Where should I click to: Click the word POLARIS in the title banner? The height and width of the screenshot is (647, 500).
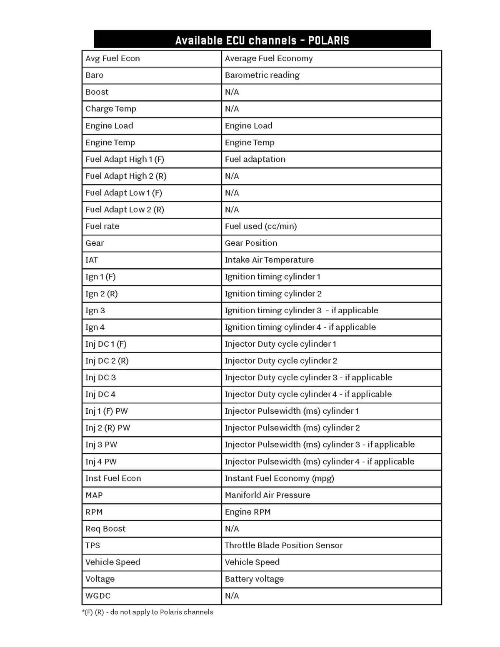pos(328,40)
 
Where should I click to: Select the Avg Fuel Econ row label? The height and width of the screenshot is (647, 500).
pos(112,59)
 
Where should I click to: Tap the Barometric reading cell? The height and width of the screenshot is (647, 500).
pos(262,75)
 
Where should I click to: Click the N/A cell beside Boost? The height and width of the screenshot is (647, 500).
pos(232,92)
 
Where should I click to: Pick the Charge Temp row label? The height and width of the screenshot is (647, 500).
pos(111,109)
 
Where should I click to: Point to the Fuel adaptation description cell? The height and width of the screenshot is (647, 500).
pos(255,159)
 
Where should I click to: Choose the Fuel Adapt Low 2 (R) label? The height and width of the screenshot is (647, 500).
pos(125,210)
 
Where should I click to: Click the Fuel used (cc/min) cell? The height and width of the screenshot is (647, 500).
pos(261,226)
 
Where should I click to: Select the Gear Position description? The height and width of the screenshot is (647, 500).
pos(251,243)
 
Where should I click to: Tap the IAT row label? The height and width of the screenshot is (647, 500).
pos(92,260)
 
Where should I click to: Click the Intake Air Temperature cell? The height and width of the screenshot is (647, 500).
pos(269,260)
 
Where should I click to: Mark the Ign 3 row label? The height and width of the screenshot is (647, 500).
pos(95,310)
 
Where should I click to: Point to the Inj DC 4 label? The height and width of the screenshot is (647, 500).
pos(100,394)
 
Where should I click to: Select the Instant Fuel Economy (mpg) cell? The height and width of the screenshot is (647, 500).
pos(279,478)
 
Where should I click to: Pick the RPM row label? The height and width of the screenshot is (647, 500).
pos(94,512)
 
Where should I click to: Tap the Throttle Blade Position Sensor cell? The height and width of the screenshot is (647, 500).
pos(283,545)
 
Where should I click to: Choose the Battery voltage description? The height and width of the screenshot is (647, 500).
pos(254,579)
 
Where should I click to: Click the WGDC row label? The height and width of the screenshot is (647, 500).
pos(98,596)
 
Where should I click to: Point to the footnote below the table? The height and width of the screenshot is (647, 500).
pos(147,612)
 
